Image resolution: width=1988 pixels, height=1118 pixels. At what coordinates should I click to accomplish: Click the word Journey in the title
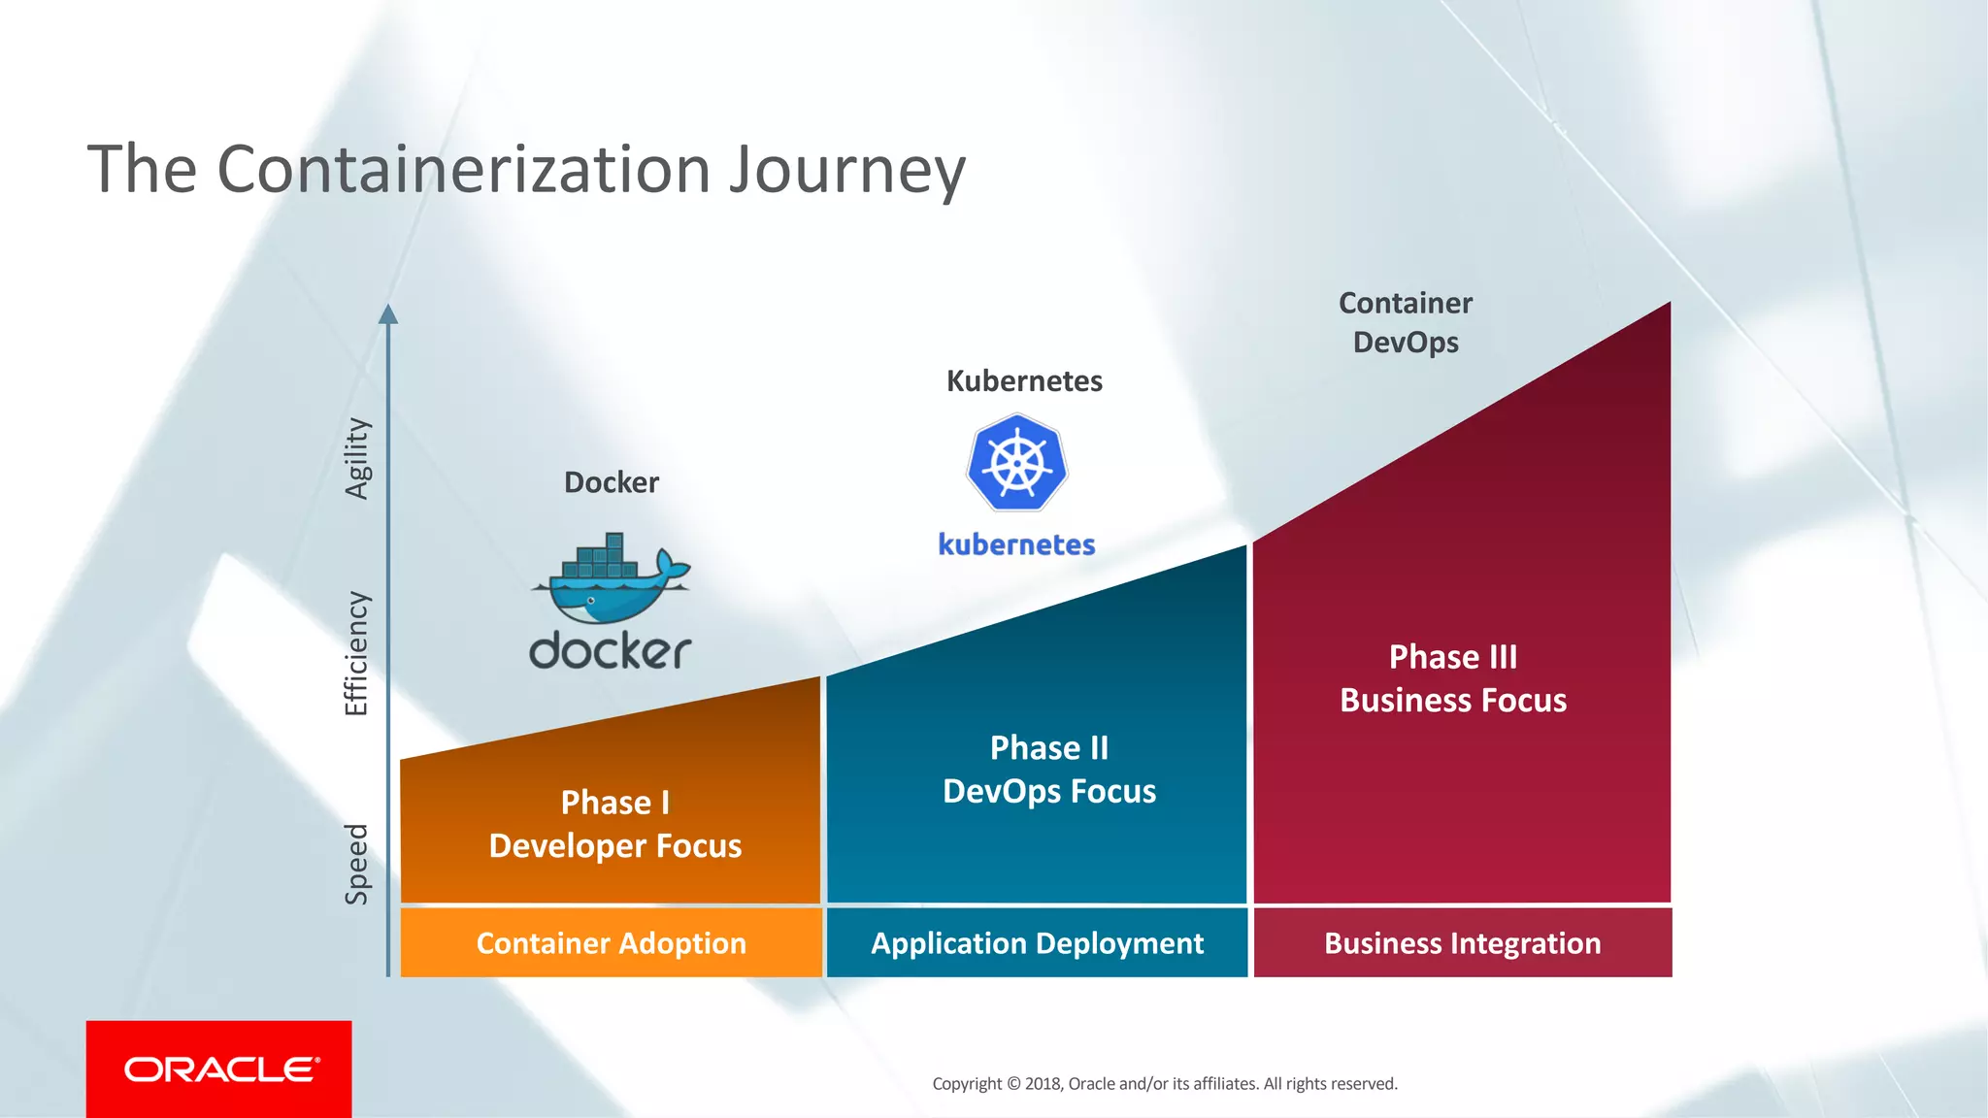[x=846, y=171]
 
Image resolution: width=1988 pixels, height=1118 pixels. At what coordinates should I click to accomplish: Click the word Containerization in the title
[x=465, y=170]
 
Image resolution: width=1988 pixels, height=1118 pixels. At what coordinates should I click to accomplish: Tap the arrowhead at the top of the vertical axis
[x=388, y=313]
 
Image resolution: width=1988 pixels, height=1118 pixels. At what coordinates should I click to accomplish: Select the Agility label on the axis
[x=357, y=458]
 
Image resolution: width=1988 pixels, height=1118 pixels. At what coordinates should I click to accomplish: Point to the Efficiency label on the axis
[x=356, y=653]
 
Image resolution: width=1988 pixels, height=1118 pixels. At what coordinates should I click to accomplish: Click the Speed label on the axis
[x=356, y=864]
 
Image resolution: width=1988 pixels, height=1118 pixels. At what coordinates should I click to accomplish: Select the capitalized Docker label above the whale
[x=612, y=482]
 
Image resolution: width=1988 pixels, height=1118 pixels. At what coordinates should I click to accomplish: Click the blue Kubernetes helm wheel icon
[x=1016, y=463]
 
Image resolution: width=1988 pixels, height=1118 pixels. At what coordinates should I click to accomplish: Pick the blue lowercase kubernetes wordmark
[x=1016, y=544]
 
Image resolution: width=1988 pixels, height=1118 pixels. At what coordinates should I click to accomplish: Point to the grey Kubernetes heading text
[x=1024, y=381]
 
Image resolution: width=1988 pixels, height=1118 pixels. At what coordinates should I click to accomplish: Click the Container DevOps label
[x=1406, y=322]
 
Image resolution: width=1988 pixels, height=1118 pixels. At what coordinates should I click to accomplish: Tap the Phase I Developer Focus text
[x=614, y=824]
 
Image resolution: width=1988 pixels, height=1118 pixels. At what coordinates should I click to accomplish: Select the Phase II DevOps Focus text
[x=1048, y=770]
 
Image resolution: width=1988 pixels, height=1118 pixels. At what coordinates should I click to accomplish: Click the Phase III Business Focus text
[x=1452, y=678]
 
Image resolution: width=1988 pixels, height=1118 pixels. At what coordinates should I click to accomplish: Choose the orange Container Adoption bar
[x=611, y=943]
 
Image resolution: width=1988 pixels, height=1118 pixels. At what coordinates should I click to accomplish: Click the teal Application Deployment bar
[x=1037, y=943]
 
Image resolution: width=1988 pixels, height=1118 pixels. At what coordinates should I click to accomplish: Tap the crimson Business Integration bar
[x=1462, y=943]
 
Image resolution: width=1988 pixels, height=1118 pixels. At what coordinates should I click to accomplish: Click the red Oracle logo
[x=219, y=1069]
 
